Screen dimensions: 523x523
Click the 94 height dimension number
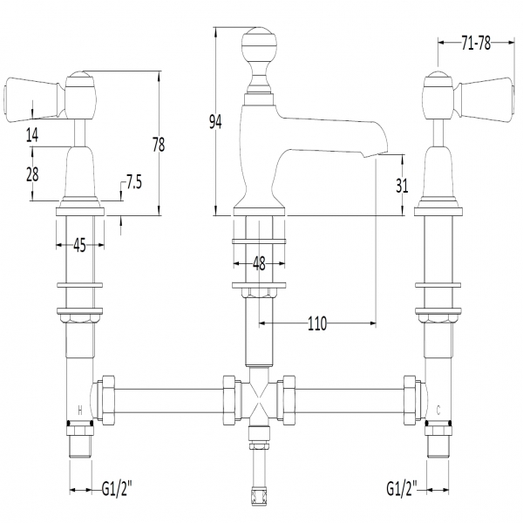tap(215, 122)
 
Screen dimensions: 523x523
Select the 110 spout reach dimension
tap(317, 323)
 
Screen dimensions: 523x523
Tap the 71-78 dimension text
tap(476, 43)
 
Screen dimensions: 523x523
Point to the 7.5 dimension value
tap(133, 182)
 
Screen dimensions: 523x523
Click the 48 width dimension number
tap(259, 263)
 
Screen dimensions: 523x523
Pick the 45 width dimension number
tap(79, 245)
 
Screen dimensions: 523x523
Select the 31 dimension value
tap(402, 186)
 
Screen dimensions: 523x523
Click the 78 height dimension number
tap(159, 145)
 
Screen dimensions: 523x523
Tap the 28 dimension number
tap(32, 174)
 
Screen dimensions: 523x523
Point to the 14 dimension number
tap(32, 135)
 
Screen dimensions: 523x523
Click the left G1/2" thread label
tap(117, 490)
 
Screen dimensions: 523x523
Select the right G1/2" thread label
tap(402, 489)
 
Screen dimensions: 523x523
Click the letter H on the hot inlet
tap(79, 411)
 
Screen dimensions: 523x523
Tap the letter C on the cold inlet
tap(438, 411)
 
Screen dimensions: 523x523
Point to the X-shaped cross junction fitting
tap(259, 400)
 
